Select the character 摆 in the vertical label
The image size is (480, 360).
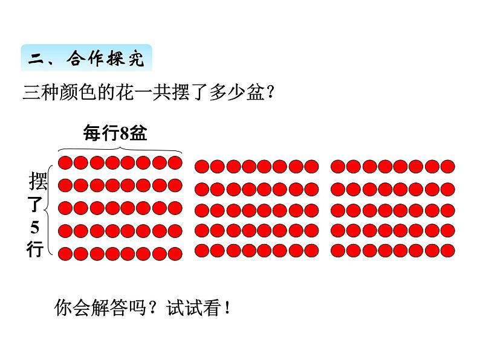[36, 181]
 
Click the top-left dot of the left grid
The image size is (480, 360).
[66, 162]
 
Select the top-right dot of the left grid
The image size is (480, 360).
[175, 162]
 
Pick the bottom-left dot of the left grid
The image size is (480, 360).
[66, 252]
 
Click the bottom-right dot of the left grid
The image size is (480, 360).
[175, 252]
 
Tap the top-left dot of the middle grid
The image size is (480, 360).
[202, 166]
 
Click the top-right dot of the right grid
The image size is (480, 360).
[447, 166]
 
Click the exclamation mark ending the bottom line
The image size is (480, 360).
[227, 309]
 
